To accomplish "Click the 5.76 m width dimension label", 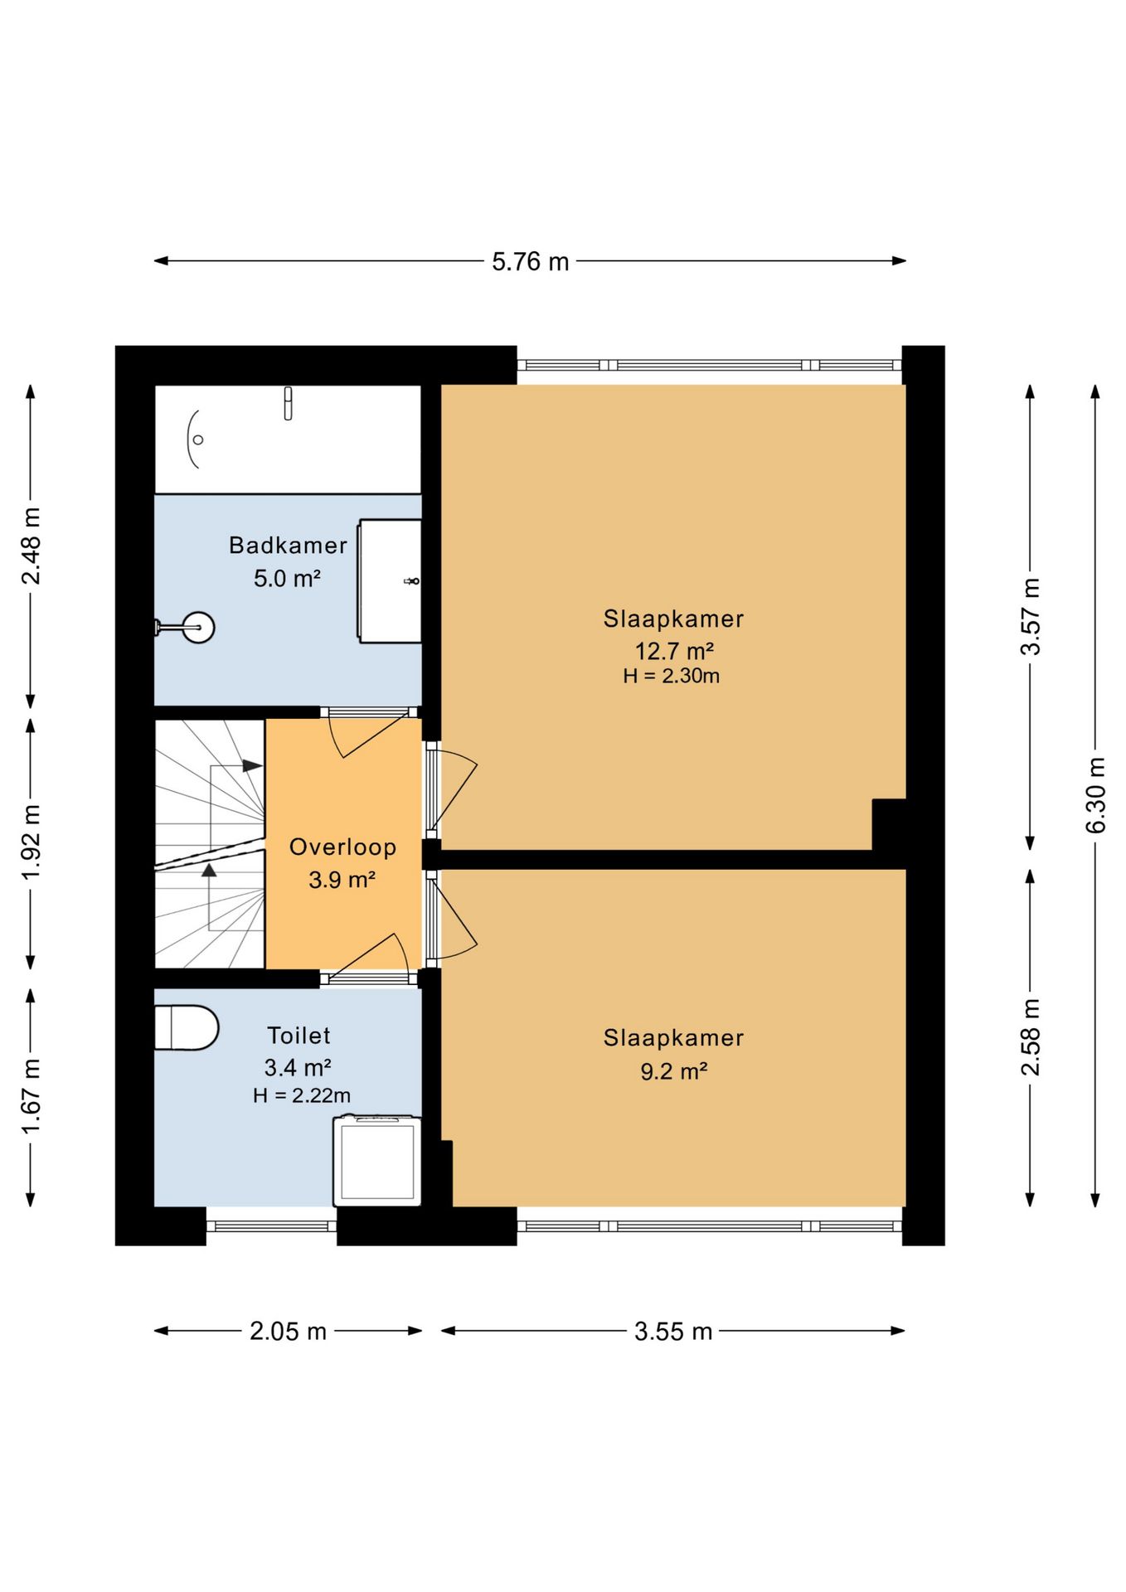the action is click(530, 262).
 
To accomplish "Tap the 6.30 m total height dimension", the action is click(1095, 795).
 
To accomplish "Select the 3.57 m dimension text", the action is click(1030, 617).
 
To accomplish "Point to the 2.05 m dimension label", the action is click(288, 1332).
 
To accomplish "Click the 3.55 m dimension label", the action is click(673, 1332).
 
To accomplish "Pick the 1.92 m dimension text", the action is click(31, 842).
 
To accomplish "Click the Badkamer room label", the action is click(288, 546).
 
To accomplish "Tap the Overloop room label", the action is click(342, 847).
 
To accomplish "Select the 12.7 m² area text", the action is click(674, 650).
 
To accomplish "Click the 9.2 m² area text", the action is click(673, 1071).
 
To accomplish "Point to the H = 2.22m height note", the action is click(302, 1095).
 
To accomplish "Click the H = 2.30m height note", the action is click(672, 676).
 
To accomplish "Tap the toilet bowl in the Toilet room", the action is click(187, 1028).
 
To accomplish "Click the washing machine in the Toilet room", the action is click(377, 1161).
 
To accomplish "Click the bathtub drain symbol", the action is click(198, 439).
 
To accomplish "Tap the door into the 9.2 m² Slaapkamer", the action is click(451, 919).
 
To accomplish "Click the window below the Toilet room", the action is click(271, 1226).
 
